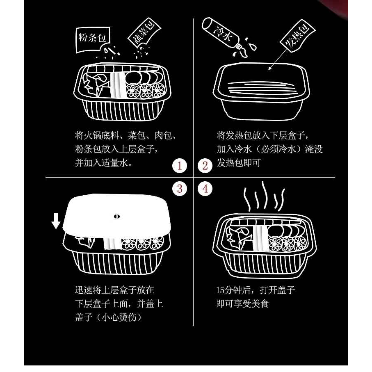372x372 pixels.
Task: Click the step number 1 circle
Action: coord(180,166)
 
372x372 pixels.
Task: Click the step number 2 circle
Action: coord(205,166)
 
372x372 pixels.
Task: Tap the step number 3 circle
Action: coord(180,189)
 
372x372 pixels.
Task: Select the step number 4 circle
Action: coord(205,189)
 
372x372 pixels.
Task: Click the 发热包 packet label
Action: coord(297,36)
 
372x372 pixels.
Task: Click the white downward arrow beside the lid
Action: coord(56,221)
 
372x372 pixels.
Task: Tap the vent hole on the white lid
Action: coord(116,217)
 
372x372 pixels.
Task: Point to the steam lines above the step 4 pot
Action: coord(264,196)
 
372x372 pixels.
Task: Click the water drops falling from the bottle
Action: coord(247,48)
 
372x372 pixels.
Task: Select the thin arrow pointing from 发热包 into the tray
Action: coord(279,59)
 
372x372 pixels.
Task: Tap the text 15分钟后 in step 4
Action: coord(233,290)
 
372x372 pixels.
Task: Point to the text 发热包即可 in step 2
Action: coord(239,163)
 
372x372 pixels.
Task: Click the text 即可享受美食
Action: coord(242,304)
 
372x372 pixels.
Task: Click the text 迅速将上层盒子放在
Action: coord(114,290)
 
